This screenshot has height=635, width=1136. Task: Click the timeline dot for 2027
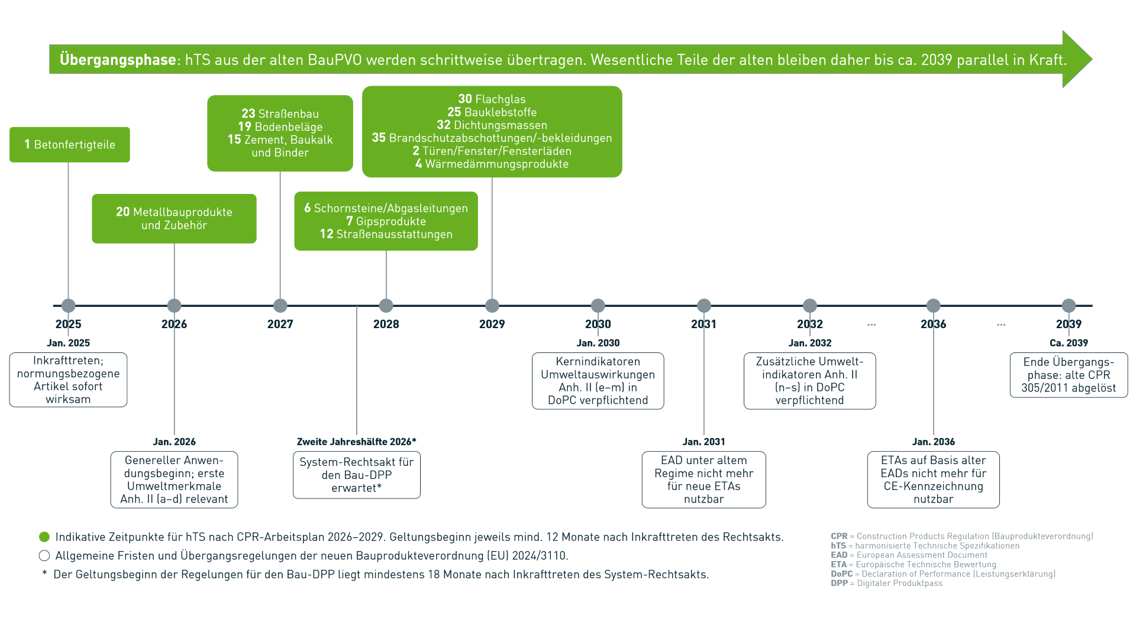click(280, 306)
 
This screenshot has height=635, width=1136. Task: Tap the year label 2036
click(933, 324)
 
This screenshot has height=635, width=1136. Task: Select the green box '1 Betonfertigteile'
click(70, 145)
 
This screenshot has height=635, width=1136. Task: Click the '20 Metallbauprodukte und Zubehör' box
click(174, 219)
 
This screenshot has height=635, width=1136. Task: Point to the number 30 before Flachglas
click(465, 99)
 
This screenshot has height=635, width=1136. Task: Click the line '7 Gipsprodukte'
click(386, 221)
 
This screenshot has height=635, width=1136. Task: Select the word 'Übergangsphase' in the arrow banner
click(118, 60)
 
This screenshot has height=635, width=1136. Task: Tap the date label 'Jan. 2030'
click(598, 343)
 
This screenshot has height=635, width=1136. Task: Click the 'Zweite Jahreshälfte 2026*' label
click(356, 442)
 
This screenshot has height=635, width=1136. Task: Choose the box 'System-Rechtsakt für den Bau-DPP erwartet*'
click(356, 475)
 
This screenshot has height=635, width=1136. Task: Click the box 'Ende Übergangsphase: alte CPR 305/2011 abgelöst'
click(1068, 375)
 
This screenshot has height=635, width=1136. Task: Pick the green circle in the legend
click(44, 537)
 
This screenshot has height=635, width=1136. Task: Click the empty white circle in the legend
click(44, 556)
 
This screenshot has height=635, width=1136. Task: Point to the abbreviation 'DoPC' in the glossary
click(841, 574)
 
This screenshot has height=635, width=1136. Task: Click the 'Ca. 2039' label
click(1068, 343)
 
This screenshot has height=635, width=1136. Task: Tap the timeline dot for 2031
click(703, 306)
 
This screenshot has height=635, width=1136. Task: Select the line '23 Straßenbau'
click(280, 114)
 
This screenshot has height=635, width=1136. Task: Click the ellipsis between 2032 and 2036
click(872, 325)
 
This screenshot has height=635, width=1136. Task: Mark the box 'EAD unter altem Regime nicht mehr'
click(703, 480)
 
